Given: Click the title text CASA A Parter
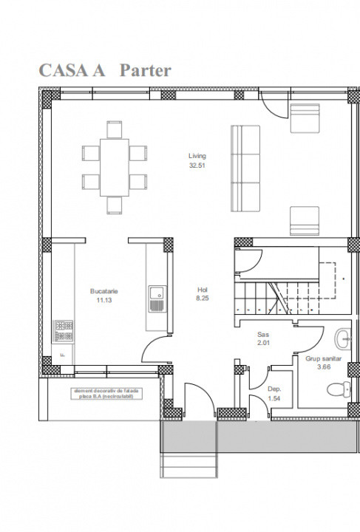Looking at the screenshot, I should pyautogui.click(x=104, y=71).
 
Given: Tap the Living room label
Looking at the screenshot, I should pyautogui.click(x=197, y=156).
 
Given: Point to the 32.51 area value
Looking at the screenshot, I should pyautogui.click(x=197, y=166).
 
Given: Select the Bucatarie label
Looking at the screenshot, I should pyautogui.click(x=104, y=291).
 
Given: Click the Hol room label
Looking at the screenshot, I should pyautogui.click(x=203, y=290).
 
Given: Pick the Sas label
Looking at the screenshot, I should pyautogui.click(x=263, y=334).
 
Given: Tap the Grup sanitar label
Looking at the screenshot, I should pyautogui.click(x=323, y=358).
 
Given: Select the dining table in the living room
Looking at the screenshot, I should pyautogui.click(x=114, y=166).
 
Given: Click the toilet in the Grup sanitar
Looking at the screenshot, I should pyautogui.click(x=341, y=389).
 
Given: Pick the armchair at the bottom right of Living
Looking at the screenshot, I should pyautogui.click(x=304, y=219).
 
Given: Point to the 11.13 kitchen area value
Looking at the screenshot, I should pyautogui.click(x=104, y=301).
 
